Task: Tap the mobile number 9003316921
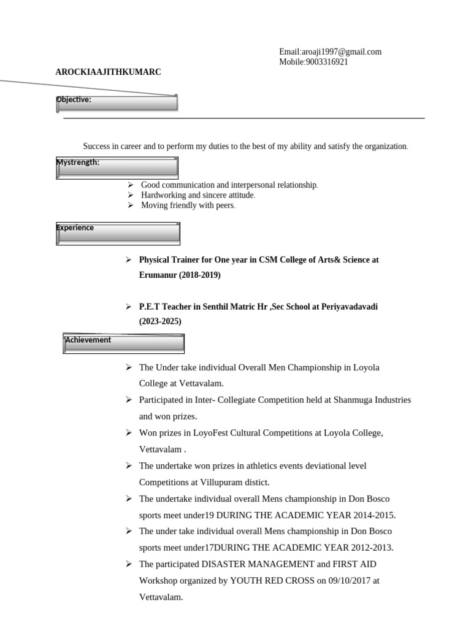tap(326, 62)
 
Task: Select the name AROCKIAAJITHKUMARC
tap(109, 72)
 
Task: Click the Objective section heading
tap(74, 99)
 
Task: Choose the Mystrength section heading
tap(78, 163)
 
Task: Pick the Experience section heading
tap(75, 228)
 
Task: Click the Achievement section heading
tap(88, 340)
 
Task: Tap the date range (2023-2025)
tap(160, 321)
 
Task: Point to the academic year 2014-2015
tap(374, 515)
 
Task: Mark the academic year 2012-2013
tap(372, 548)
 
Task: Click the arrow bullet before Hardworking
tap(130, 195)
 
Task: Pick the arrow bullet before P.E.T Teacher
tap(128, 306)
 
